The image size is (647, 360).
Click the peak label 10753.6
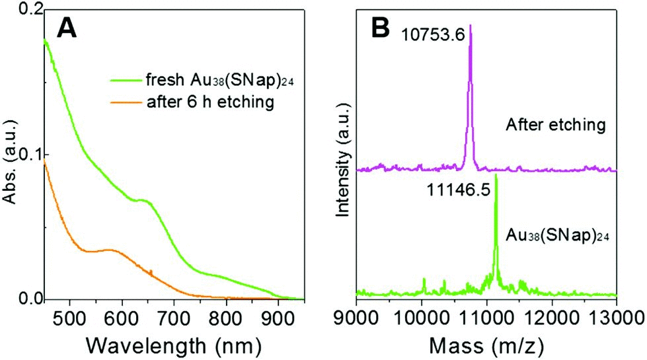click(x=431, y=32)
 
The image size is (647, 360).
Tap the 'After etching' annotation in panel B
click(x=556, y=124)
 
